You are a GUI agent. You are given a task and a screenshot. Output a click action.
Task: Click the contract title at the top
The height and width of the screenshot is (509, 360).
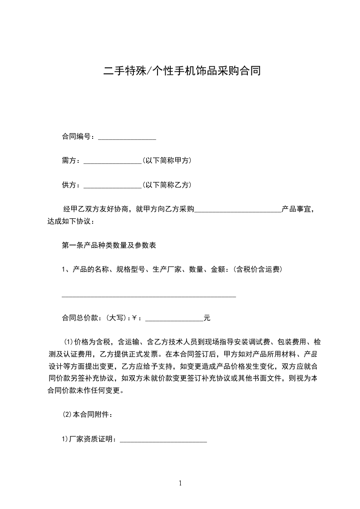(182, 71)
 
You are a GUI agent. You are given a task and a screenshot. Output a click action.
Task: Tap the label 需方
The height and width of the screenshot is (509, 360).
(70, 161)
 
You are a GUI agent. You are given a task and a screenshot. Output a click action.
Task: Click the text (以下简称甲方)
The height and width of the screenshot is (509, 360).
(167, 161)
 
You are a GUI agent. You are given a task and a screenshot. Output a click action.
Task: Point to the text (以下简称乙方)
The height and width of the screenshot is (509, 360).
(167, 185)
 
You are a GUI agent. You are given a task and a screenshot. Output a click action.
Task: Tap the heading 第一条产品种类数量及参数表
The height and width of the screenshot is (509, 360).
(109, 245)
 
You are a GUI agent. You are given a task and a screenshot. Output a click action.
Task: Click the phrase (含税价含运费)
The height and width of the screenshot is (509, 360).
(258, 269)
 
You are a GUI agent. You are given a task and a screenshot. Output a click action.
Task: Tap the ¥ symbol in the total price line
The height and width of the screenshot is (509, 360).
(134, 318)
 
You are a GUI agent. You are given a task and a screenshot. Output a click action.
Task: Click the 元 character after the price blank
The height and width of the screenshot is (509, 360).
(207, 318)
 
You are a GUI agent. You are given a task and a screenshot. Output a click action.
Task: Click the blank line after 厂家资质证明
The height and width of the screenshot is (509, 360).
(163, 440)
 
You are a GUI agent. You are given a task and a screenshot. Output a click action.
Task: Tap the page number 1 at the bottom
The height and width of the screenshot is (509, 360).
(180, 483)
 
